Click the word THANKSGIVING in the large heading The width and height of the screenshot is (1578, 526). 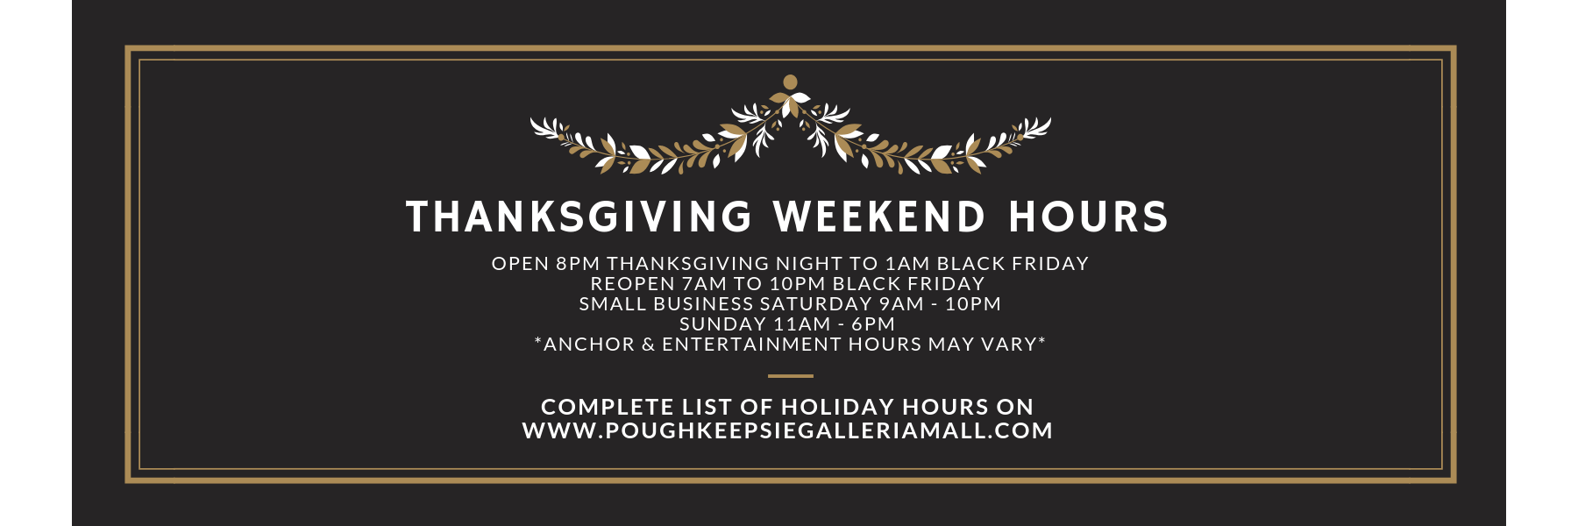pyautogui.click(x=579, y=217)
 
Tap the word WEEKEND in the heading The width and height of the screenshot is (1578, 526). pyautogui.click(x=879, y=217)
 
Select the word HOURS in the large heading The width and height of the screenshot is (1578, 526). pyautogui.click(x=1089, y=217)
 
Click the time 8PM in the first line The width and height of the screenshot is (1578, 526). pyautogui.click(x=578, y=264)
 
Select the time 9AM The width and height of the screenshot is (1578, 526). pyautogui.click(x=901, y=304)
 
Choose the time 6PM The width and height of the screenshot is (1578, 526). pyautogui.click(x=873, y=324)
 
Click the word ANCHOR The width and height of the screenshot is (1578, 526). pyautogui.click(x=589, y=345)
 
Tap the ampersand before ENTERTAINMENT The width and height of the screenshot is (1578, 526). pyautogui.click(x=649, y=345)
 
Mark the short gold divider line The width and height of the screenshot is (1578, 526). pyautogui.click(x=791, y=376)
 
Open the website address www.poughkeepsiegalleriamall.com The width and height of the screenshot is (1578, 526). pyautogui.click(x=787, y=431)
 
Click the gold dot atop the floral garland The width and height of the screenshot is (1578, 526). pyautogui.click(x=790, y=82)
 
